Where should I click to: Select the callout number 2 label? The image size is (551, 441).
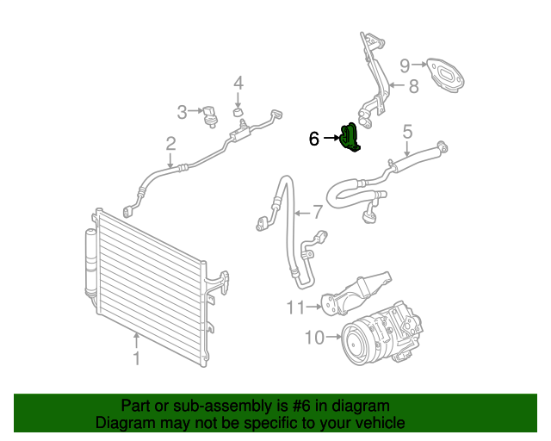click(170, 144)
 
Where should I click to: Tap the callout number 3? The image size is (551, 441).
click(182, 112)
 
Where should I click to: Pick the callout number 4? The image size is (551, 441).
click(238, 84)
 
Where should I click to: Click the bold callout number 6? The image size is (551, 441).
click(314, 138)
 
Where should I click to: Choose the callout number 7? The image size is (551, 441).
click(317, 212)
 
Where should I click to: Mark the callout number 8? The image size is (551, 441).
click(412, 85)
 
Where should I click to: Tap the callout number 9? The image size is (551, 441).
click(405, 64)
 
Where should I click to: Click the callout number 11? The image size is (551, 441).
click(296, 305)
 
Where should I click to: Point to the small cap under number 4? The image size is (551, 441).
click(238, 113)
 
